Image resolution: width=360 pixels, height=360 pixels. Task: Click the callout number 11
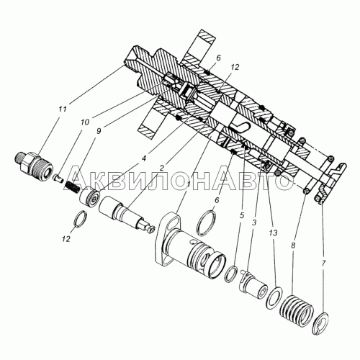coord(63,109)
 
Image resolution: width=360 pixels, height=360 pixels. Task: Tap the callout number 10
coord(85,122)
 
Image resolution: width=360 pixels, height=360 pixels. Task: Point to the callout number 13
coord(274,233)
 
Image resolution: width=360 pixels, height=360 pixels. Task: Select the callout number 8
coord(293,246)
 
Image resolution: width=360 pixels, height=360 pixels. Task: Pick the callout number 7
coord(323,264)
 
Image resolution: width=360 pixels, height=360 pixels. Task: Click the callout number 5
coord(242,216)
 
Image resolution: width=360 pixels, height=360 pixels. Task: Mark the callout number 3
coord(254,222)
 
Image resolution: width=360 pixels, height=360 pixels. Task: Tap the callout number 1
coord(189,184)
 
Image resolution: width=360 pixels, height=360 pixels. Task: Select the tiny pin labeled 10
coord(58,177)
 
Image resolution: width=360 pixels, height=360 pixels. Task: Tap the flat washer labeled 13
coord(274,297)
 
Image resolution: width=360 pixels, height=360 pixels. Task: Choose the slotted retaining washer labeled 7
coord(323,323)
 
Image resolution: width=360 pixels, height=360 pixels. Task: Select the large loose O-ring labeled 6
coord(206,223)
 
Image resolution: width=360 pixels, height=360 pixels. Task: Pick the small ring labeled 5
coord(231,274)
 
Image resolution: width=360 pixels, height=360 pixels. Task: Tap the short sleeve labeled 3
coord(253,283)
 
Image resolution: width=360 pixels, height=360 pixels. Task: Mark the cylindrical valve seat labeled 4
coord(89,197)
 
